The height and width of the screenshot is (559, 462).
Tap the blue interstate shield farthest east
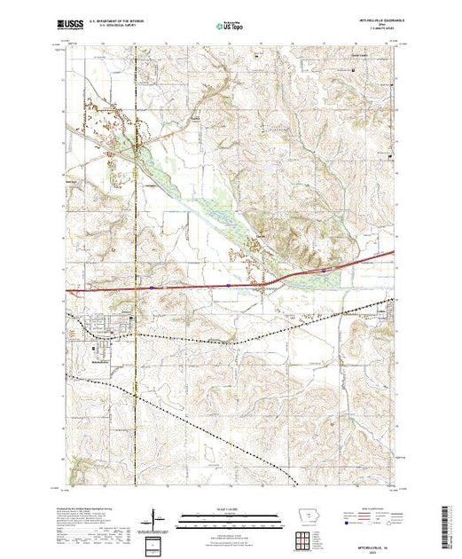pos(325,268)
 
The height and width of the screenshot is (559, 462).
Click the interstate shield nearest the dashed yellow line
pos(152,287)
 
